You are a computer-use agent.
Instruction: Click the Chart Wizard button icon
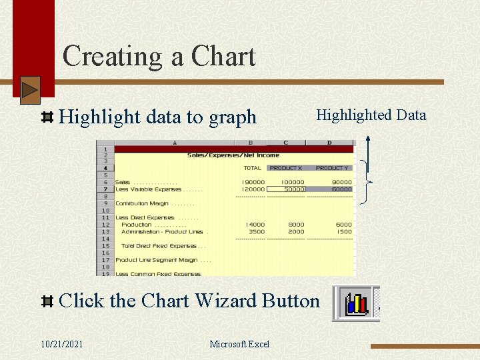[x=356, y=304]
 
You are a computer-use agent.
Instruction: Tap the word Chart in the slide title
[x=223, y=57]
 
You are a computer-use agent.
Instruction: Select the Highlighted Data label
[x=371, y=115]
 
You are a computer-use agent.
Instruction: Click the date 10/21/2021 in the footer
[x=62, y=344]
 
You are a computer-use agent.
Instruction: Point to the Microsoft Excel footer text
[x=239, y=344]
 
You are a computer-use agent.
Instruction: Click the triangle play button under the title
[x=30, y=90]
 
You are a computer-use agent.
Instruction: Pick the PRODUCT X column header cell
[x=286, y=168]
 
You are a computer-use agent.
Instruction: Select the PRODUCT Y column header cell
[x=332, y=168]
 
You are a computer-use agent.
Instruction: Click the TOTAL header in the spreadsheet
[x=253, y=168]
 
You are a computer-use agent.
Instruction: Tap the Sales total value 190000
[x=254, y=182]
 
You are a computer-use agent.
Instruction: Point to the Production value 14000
[x=255, y=225]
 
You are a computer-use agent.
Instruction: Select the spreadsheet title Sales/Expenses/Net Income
[x=233, y=155]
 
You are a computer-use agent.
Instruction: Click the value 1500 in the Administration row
[x=344, y=232]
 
